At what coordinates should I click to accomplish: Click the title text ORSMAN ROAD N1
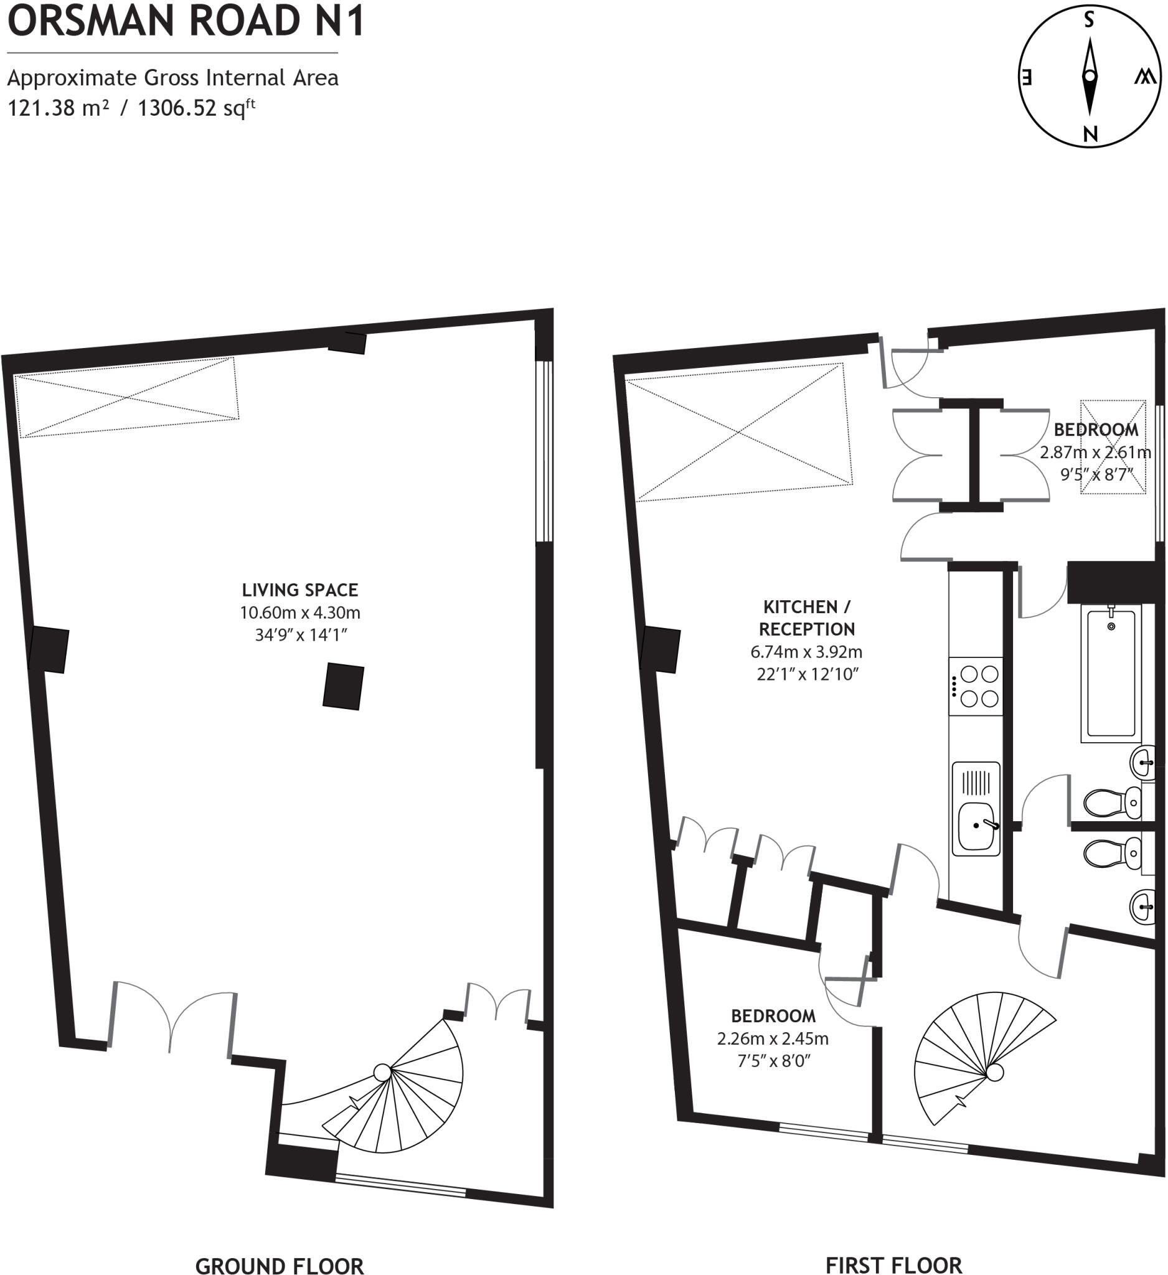(x=186, y=21)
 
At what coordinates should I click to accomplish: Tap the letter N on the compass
(x=1090, y=133)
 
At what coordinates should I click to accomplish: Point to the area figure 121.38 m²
(x=57, y=108)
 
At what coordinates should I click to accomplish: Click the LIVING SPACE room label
(x=299, y=590)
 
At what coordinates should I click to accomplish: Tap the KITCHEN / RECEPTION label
(x=807, y=618)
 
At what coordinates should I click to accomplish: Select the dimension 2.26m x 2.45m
(x=773, y=1038)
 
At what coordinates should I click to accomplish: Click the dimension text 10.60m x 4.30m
(x=299, y=612)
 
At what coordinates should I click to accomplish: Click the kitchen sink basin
(x=976, y=827)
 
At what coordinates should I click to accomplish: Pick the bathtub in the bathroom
(x=1111, y=672)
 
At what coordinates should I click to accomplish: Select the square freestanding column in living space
(x=344, y=686)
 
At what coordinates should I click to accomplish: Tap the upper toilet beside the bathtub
(x=1107, y=803)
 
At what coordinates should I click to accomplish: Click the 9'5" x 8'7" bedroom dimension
(x=1096, y=474)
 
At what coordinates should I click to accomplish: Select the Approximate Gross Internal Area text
(x=172, y=78)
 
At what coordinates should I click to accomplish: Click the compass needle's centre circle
(x=1090, y=77)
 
